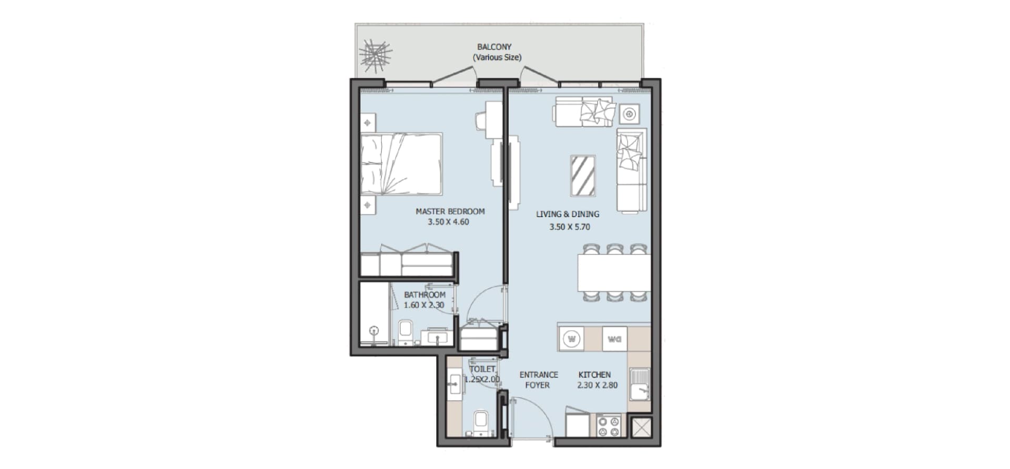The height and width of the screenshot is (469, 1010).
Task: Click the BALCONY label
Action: (x=494, y=47)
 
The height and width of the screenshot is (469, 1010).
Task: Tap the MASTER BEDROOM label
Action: (x=450, y=211)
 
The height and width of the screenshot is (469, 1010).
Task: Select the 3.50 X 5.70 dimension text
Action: (x=570, y=227)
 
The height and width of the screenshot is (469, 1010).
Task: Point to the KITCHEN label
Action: (x=594, y=375)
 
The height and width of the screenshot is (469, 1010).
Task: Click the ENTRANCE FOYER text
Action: (x=539, y=380)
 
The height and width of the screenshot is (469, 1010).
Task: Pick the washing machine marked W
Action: (x=571, y=339)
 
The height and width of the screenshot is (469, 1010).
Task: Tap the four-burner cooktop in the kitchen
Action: (x=609, y=426)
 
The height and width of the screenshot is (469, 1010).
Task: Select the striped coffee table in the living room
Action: (x=583, y=176)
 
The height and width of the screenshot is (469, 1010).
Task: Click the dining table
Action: (x=614, y=273)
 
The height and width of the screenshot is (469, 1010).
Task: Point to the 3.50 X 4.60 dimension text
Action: (x=448, y=222)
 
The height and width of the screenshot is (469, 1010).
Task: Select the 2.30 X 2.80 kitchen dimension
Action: (x=598, y=385)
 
